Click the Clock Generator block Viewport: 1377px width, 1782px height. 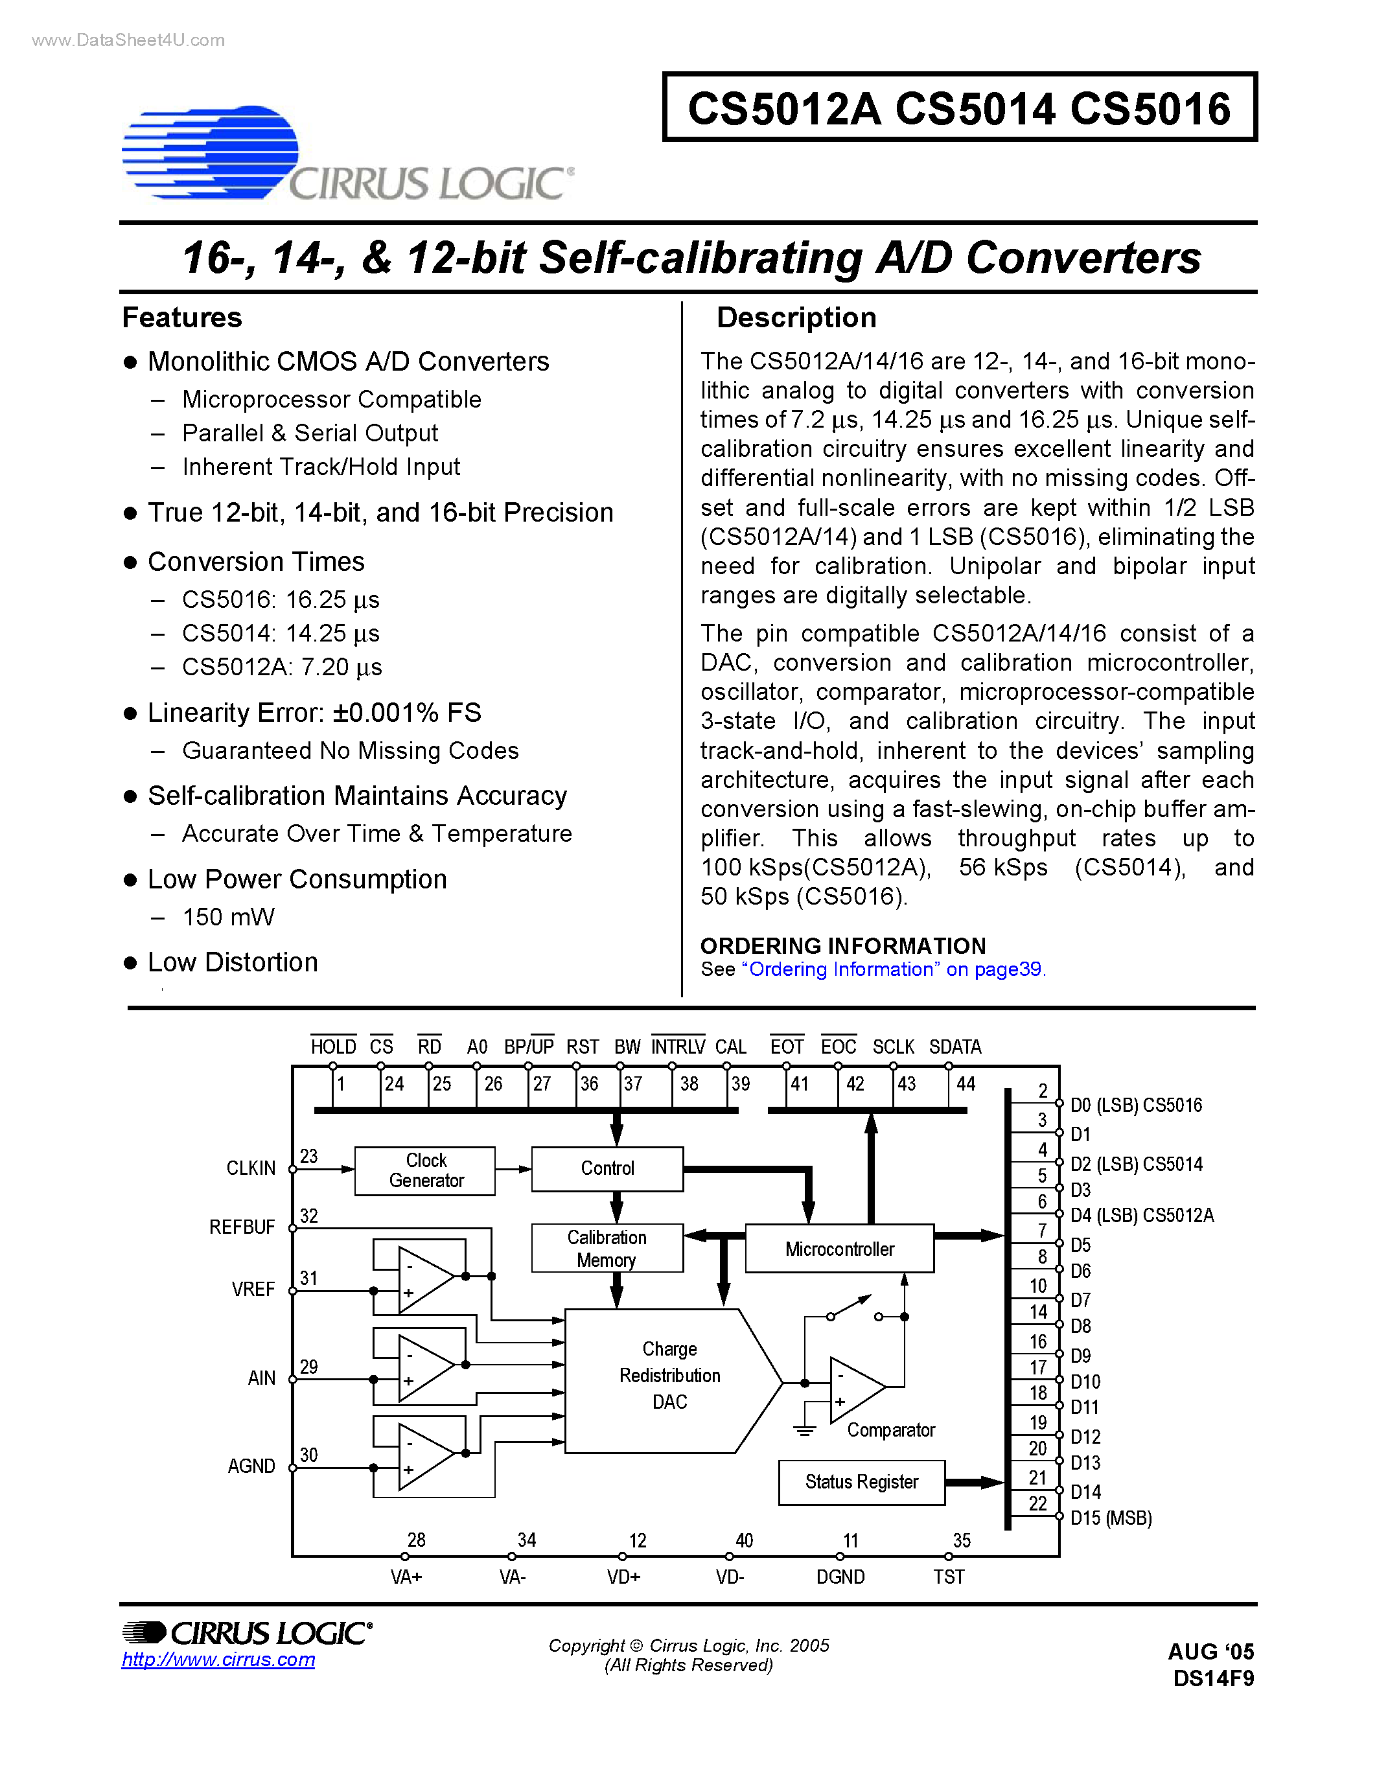click(x=425, y=1170)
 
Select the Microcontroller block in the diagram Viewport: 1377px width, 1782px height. click(x=839, y=1249)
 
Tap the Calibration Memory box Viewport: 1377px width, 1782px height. click(x=607, y=1249)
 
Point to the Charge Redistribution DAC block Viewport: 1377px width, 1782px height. click(x=669, y=1375)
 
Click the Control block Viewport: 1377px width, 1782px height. click(x=607, y=1168)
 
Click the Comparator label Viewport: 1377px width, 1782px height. click(x=891, y=1429)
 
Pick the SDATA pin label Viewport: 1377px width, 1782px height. click(x=955, y=1047)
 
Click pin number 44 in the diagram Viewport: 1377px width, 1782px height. click(x=966, y=1083)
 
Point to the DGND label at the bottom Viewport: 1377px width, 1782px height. click(x=840, y=1577)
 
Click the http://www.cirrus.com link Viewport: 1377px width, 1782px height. click(x=218, y=1660)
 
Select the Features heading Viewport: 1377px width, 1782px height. click(x=182, y=318)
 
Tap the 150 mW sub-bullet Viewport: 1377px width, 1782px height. click(x=228, y=917)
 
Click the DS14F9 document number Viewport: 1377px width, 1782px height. click(x=1213, y=1678)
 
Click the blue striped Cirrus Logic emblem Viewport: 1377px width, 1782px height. click(x=211, y=152)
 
